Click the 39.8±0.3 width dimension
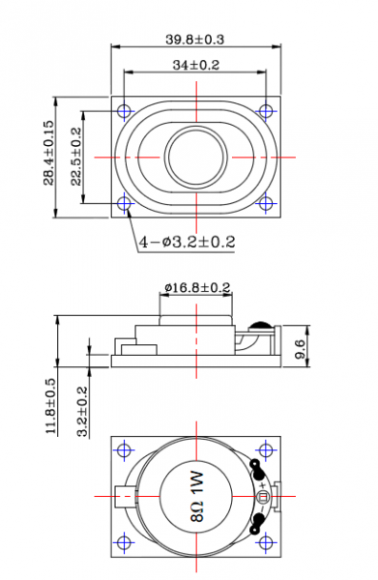tap(194, 40)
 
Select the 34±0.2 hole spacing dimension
tap(195, 65)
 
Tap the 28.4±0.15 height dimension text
tap(49, 153)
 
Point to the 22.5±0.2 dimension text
tap(76, 157)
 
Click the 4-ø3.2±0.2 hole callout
tap(188, 242)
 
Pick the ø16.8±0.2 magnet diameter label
tap(198, 287)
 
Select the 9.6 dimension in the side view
tap(301, 349)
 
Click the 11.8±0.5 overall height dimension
tap(50, 406)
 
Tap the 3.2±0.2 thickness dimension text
tap(82, 412)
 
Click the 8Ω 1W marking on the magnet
tap(197, 496)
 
